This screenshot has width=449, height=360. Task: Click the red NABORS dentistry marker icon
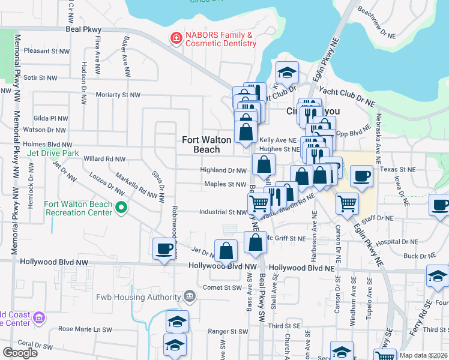pyautogui.click(x=176, y=39)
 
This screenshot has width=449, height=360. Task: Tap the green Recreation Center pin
pyautogui.click(x=122, y=208)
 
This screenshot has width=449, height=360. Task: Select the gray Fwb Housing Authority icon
pyautogui.click(x=190, y=295)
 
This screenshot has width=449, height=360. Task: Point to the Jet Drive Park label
pyautogui.click(x=53, y=153)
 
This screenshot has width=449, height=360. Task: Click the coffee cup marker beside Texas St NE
pyautogui.click(x=361, y=176)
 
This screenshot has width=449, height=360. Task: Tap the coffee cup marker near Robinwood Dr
pyautogui.click(x=163, y=248)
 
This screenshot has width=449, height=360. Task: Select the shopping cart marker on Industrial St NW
pyautogui.click(x=259, y=203)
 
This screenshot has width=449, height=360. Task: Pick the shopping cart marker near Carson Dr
pyautogui.click(x=347, y=203)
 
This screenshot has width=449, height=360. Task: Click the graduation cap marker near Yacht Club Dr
pyautogui.click(x=288, y=73)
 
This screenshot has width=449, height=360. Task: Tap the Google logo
pyautogui.click(x=20, y=352)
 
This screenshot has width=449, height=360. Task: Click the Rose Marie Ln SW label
pyautogui.click(x=85, y=329)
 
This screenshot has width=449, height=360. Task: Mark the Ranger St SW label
pyautogui.click(x=228, y=331)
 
